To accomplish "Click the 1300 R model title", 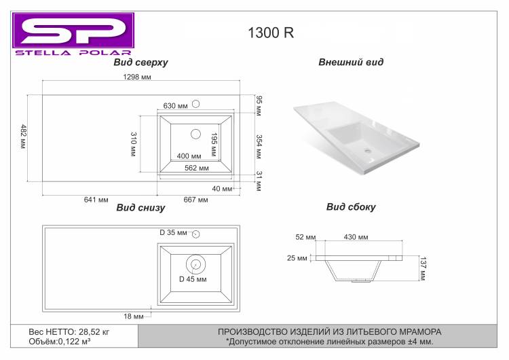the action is [x=271, y=33].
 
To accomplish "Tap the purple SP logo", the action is [x=73, y=30].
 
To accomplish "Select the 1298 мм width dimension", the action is [x=137, y=77].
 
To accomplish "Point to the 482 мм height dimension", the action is [x=23, y=137].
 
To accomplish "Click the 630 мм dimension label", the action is [x=175, y=106].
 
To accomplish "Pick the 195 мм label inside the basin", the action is [x=214, y=145].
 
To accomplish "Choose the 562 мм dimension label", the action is [x=197, y=168].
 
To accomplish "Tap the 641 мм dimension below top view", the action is [x=96, y=200].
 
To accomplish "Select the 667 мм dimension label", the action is [x=195, y=200].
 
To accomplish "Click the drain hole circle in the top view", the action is [x=195, y=134].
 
